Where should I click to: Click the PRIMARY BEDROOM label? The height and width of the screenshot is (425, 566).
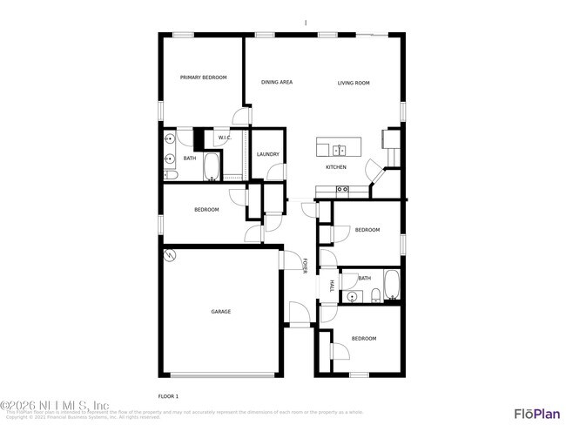tap(203, 78)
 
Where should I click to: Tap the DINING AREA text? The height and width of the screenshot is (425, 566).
tap(277, 83)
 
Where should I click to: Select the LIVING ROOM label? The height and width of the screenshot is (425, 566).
tap(354, 83)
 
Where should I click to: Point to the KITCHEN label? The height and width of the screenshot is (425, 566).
tap(336, 167)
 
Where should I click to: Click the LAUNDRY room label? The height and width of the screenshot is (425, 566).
tap(268, 154)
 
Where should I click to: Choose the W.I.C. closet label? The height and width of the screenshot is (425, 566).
tap(224, 138)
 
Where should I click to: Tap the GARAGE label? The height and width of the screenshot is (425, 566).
tap(220, 311)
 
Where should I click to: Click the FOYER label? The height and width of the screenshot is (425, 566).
tap(305, 266)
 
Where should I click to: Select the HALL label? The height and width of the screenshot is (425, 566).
tap(332, 287)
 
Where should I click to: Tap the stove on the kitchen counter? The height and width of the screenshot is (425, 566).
tap(342, 189)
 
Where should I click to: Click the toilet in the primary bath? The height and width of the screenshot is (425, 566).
tap(171, 176)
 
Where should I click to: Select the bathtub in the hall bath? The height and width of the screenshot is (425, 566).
tap(392, 285)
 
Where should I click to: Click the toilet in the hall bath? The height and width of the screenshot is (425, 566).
tap(374, 293)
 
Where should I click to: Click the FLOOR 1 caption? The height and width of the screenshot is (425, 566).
tap(169, 396)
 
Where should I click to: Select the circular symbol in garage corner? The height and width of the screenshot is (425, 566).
tap(171, 256)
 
